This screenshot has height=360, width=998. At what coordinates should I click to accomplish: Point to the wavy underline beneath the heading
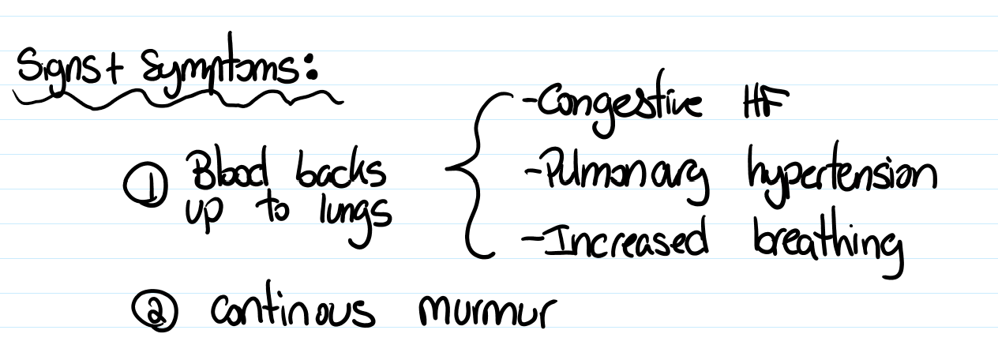[x=174, y=96]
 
